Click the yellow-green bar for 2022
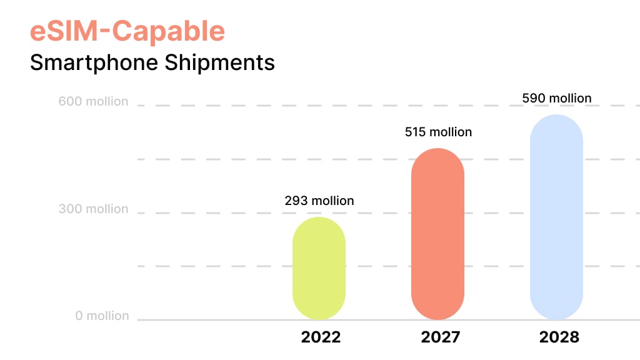(x=319, y=268)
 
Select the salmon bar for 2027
(x=437, y=234)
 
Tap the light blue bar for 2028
(x=556, y=217)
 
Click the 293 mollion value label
(x=319, y=201)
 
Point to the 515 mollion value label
(x=437, y=132)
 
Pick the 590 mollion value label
(x=556, y=98)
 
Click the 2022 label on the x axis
(x=321, y=337)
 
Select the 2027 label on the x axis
(x=440, y=337)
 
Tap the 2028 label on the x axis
(x=559, y=337)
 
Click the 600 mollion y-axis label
(x=94, y=101)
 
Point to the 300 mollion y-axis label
(x=94, y=209)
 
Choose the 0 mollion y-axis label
(x=102, y=316)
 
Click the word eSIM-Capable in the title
(x=127, y=31)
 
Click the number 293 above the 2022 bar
(x=296, y=201)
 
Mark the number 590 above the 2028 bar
(x=533, y=98)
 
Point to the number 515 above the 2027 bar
(x=414, y=132)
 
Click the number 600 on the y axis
(x=69, y=101)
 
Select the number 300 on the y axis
(x=69, y=209)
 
